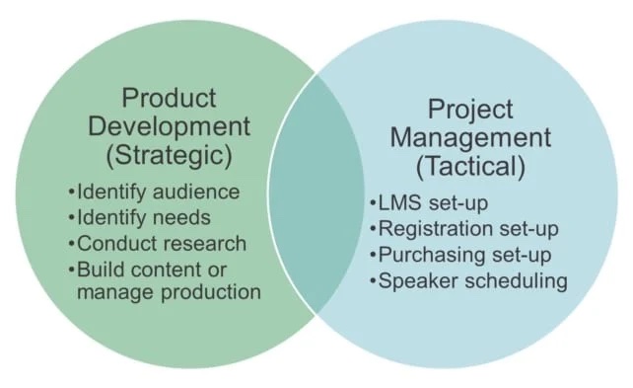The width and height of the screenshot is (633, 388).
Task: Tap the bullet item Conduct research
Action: (x=158, y=243)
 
